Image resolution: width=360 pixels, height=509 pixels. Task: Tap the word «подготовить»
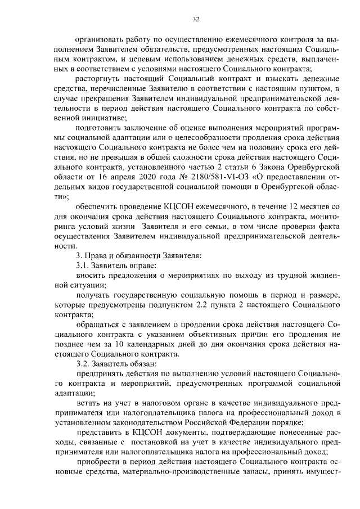point(100,127)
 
